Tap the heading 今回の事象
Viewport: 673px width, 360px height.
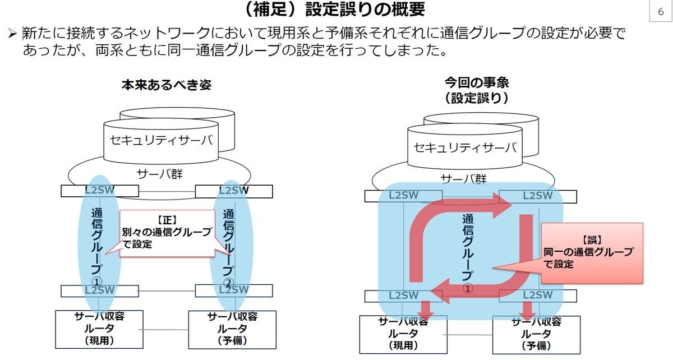pos(476,82)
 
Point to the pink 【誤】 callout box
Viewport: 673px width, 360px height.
pos(592,252)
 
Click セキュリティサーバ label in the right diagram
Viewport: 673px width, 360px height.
pos(464,147)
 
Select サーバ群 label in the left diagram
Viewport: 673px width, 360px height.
pos(159,173)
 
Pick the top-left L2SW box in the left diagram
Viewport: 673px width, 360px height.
pos(100,191)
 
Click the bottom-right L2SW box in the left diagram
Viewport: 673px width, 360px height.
pos(234,290)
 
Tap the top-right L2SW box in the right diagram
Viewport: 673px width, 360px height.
pos(537,196)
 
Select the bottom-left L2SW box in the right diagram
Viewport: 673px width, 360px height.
pos(403,296)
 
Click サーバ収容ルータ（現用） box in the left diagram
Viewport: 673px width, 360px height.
pos(99,328)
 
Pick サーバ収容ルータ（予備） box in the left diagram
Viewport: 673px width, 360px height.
pos(232,328)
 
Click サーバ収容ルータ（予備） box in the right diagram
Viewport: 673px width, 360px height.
pos(536,334)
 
